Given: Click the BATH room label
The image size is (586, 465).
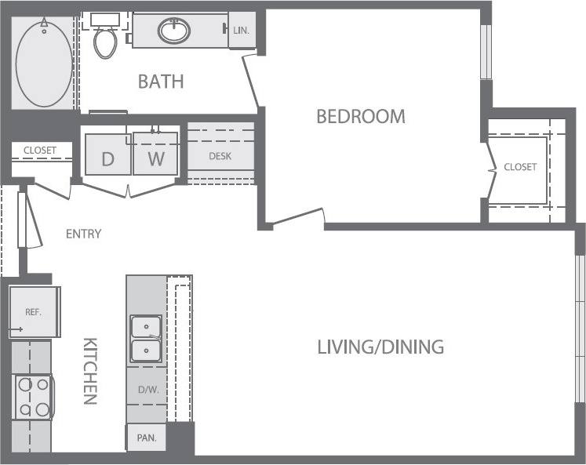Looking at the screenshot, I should [161, 81].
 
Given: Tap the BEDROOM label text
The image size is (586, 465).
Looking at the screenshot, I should [361, 117].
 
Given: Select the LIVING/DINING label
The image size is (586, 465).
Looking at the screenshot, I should [380, 346].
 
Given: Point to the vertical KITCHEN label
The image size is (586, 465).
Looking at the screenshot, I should [90, 371].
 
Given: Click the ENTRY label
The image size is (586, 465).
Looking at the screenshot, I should [83, 234].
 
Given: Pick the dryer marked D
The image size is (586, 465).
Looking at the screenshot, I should [107, 159].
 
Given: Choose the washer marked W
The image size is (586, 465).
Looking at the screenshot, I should [156, 159].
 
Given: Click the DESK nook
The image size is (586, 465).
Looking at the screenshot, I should [220, 156].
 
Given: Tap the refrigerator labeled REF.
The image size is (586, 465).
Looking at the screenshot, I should [34, 311].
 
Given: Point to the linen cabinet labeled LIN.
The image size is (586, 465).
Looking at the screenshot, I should [241, 31].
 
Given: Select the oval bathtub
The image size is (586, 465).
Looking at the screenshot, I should [44, 63].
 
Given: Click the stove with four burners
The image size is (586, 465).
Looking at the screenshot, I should [33, 397].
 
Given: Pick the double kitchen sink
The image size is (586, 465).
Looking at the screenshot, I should [147, 337].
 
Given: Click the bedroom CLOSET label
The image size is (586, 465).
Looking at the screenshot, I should [520, 167].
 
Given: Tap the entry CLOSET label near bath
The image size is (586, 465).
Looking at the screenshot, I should [39, 151].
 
